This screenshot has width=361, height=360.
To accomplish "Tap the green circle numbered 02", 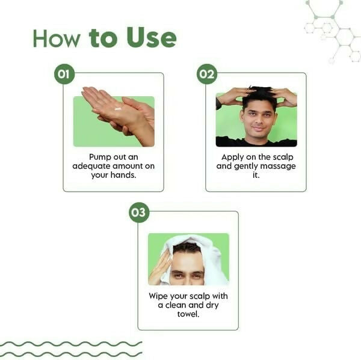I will (x=206, y=74).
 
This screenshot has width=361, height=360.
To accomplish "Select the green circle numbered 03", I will (x=139, y=212).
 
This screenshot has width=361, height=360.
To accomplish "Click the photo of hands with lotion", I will (x=114, y=121).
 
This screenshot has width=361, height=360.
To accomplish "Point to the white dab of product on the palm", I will (x=118, y=109).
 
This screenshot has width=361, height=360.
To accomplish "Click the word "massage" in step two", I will (x=279, y=166).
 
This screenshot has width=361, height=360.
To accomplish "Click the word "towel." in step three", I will (x=188, y=314).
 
